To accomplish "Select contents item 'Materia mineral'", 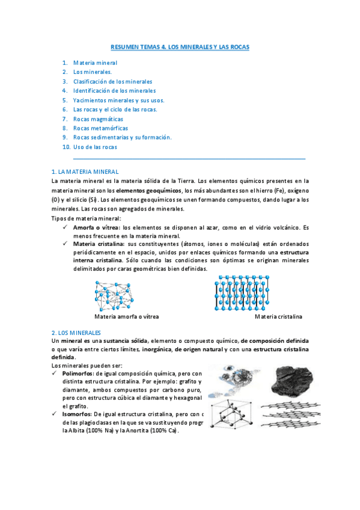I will (x=95, y=63).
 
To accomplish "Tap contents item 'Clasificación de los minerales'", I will (x=112, y=81).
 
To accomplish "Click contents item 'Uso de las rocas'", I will (x=95, y=147).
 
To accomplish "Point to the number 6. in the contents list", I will (x=64, y=109).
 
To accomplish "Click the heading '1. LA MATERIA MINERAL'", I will (x=85, y=172).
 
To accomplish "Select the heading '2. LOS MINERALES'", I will (x=76, y=333).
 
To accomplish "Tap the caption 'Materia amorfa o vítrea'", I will (x=126, y=316).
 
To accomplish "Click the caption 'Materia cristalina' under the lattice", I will (x=278, y=316).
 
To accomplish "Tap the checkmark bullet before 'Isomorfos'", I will (x=55, y=414).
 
